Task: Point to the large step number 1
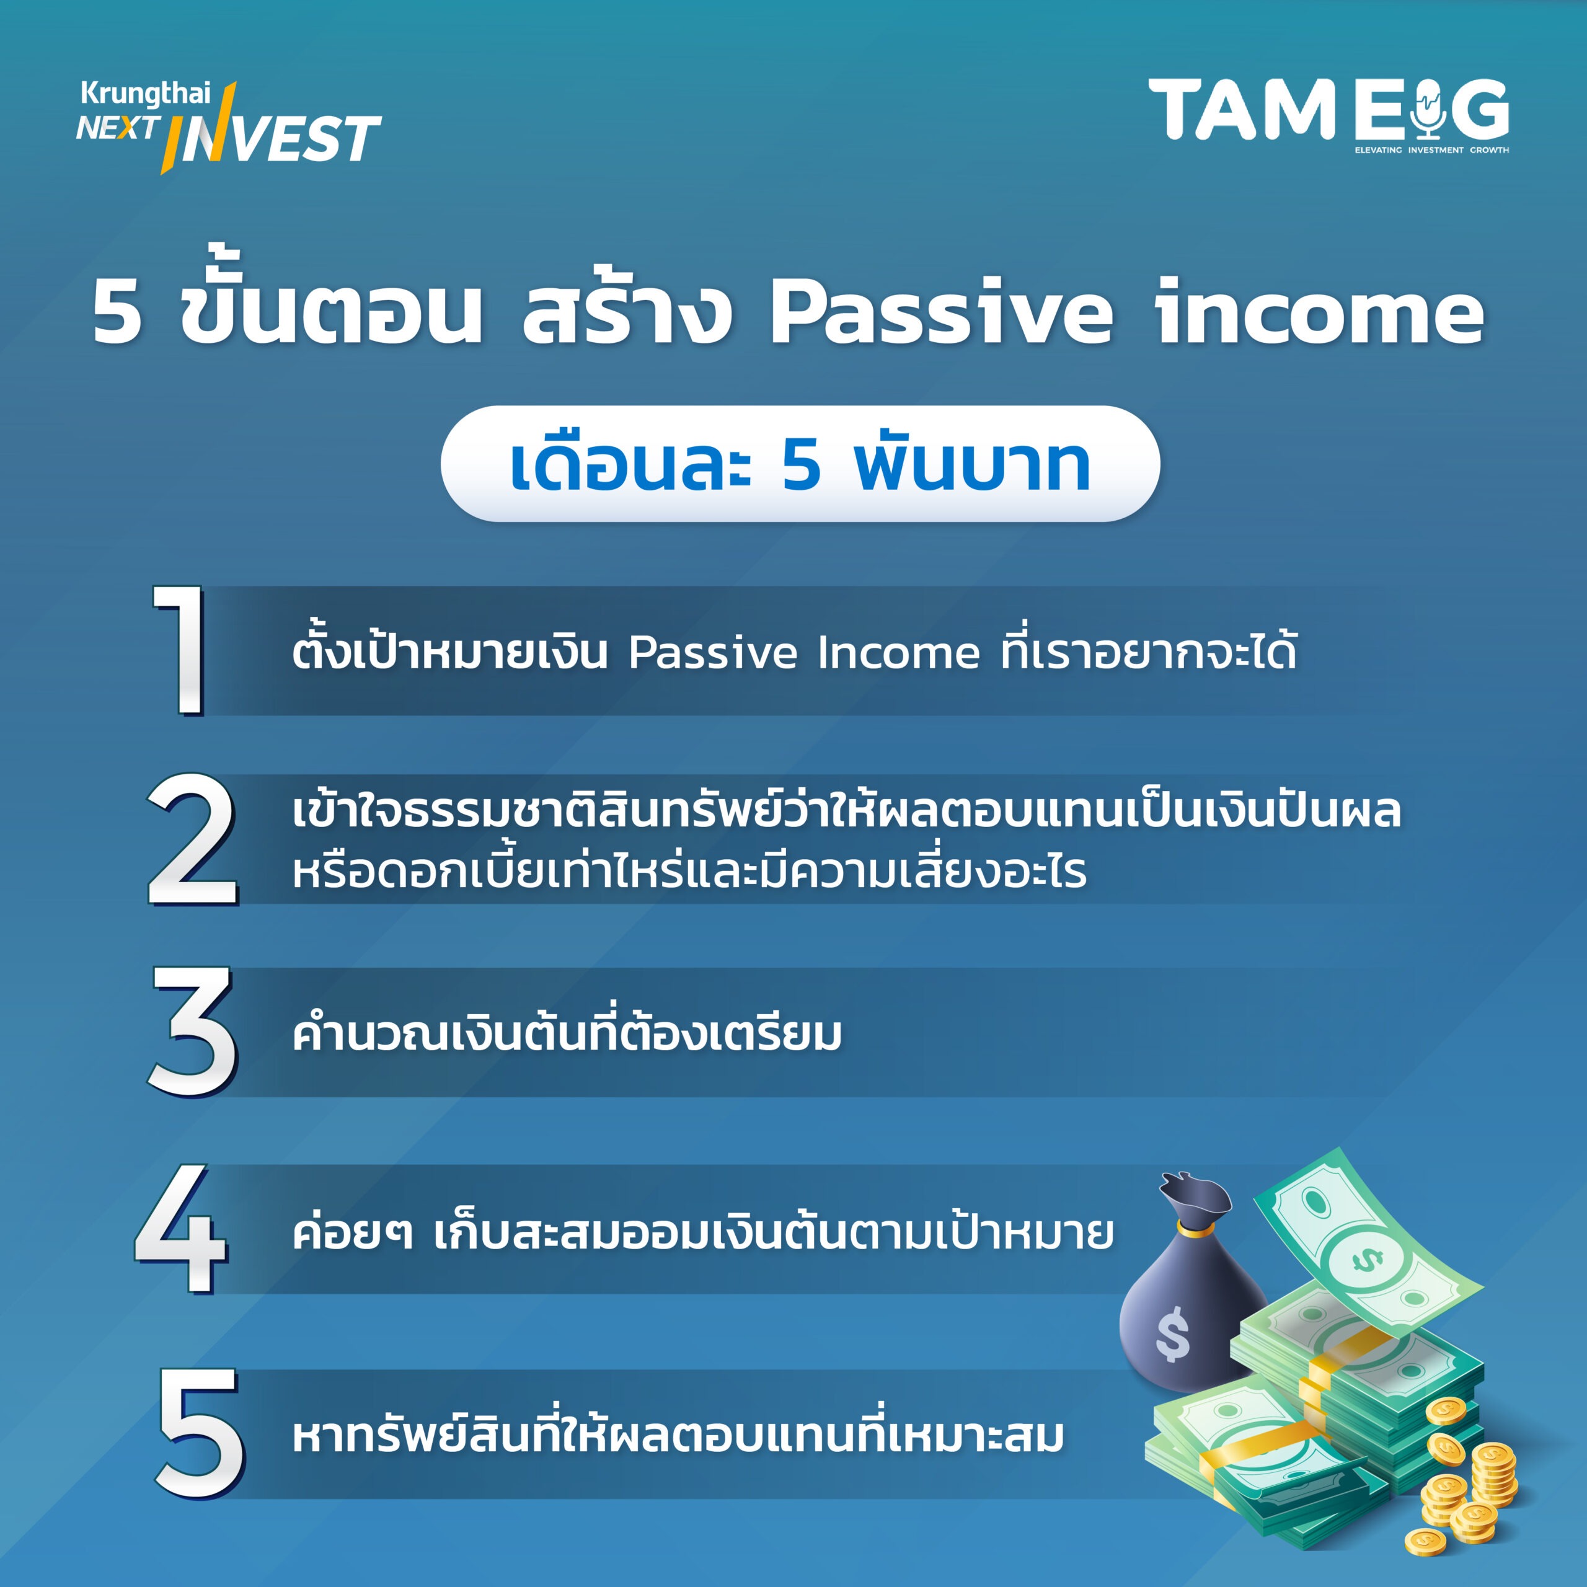coord(180,650)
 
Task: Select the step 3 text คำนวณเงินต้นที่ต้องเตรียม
coord(567,1035)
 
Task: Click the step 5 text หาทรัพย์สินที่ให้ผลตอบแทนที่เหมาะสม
coord(678,1436)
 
